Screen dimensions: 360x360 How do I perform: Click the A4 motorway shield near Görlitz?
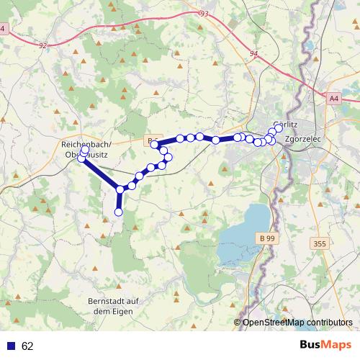(x=333, y=97)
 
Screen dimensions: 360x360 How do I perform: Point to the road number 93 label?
(x=204, y=14)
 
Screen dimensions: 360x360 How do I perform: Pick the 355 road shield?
(x=320, y=244)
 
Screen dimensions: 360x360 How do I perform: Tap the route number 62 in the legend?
(x=27, y=346)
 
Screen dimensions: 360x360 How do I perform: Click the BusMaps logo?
(x=325, y=345)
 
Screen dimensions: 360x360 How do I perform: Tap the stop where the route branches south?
(x=120, y=189)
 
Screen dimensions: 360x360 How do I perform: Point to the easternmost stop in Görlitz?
(x=279, y=128)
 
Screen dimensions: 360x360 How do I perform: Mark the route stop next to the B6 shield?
(x=154, y=145)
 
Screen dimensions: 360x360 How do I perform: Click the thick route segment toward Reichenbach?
(x=101, y=172)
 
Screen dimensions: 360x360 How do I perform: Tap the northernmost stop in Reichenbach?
(x=85, y=150)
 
